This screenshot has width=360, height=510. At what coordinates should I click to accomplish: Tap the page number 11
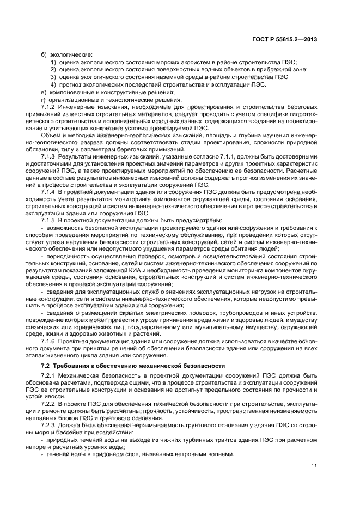(x=314, y=465)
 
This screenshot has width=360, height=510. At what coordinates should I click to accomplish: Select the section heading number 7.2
(x=46, y=365)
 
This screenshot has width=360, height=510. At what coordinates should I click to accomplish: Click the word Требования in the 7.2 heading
(x=71, y=365)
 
